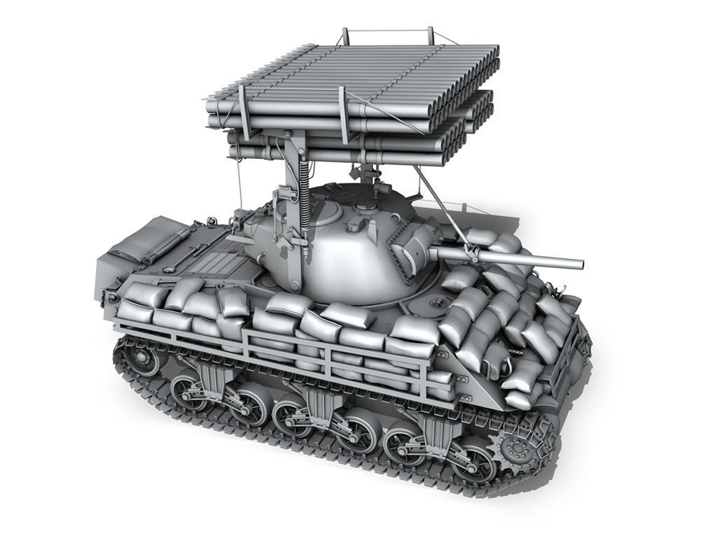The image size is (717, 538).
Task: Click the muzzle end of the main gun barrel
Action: point(580,264)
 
